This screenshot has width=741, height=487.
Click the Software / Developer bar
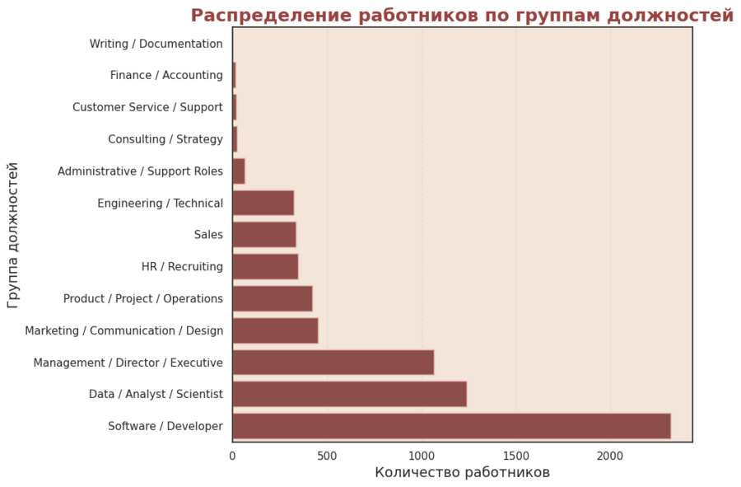coord(451,426)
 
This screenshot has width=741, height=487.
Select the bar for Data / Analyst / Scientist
coord(349,394)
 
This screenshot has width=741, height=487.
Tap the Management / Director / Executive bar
coord(333,363)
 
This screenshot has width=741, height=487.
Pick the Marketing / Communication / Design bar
coord(275,330)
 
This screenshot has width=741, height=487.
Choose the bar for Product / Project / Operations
coord(272,298)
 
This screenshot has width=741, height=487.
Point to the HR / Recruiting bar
coord(265,267)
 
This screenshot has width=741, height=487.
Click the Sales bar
coord(263,235)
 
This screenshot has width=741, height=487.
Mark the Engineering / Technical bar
coord(263,203)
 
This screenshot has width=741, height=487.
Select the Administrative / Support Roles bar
coord(239,171)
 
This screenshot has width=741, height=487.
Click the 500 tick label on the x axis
coord(327,455)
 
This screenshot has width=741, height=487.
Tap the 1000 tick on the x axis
coord(422,455)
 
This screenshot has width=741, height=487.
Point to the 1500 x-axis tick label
coord(516,455)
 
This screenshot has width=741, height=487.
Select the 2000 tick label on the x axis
coord(610,455)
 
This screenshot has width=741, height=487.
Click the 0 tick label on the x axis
coord(233,455)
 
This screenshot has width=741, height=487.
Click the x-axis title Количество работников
coord(462,473)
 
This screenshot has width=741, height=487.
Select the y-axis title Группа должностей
coord(13,235)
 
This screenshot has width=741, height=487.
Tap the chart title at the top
coord(462,16)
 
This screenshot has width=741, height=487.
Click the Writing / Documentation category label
coord(156,44)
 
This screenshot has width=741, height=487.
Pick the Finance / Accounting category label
coord(166,76)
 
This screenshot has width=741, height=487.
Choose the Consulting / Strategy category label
coord(165,139)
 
